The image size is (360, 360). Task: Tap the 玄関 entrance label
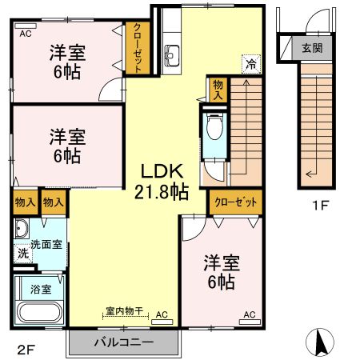(311, 47)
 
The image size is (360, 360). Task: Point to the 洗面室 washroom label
(46, 245)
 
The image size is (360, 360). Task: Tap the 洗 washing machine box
(23, 253)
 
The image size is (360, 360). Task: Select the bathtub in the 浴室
(38, 311)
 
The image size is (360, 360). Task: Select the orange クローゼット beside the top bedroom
(136, 48)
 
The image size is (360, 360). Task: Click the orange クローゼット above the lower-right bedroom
(235, 203)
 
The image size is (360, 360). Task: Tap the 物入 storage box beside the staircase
(216, 88)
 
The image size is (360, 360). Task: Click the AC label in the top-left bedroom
(25, 33)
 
